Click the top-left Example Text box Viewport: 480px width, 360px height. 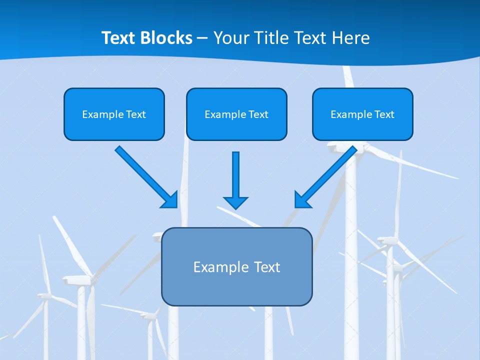point(114,114)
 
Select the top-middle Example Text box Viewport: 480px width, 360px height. point(236,114)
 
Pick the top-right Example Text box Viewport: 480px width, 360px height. point(362,114)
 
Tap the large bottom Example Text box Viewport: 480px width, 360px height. point(236,266)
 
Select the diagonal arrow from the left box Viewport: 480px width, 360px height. point(142,173)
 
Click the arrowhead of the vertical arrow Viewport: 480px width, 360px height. point(235,202)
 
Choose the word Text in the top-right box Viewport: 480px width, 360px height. point(384,114)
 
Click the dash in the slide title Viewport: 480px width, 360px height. point(202,38)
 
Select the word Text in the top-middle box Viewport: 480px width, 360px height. point(258,114)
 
